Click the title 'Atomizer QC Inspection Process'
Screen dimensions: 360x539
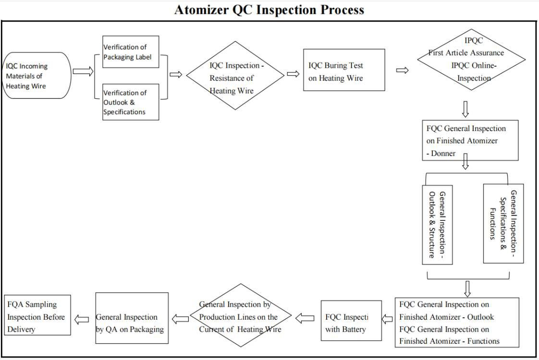pos(269,10)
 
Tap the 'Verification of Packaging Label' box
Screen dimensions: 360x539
pos(131,52)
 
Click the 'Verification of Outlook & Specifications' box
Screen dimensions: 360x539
pos(131,102)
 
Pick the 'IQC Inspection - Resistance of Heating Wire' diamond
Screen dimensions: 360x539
pos(235,78)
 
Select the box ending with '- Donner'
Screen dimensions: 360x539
pos(469,140)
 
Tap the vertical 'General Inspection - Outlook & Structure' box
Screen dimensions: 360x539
pos(437,224)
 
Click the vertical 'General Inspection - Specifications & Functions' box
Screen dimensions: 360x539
pos(503,223)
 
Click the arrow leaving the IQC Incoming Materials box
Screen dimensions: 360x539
pos(83,72)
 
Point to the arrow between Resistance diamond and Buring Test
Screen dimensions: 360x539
pos(293,74)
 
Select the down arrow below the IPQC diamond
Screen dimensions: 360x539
pos(465,109)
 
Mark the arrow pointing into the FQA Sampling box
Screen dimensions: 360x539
pos(82,319)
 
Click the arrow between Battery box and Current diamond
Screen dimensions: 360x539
pos(305,317)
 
